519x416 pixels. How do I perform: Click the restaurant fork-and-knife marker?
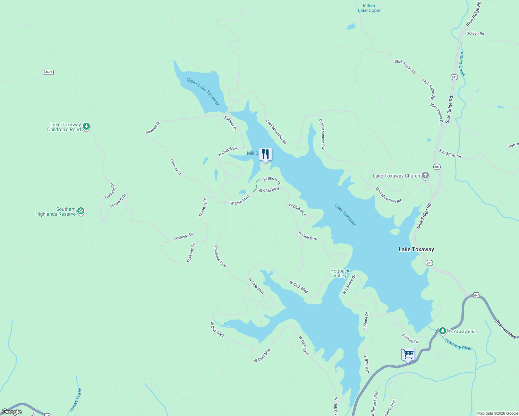pos(265,154)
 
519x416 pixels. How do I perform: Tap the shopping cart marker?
pos(408,354)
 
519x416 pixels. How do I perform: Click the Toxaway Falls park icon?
pos(442,331)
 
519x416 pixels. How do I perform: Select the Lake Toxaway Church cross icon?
pos(425,176)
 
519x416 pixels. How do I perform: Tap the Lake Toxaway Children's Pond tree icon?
pos(87,127)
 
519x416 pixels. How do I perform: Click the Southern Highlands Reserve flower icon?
pos(81,211)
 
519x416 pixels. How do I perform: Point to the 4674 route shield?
pos(49,72)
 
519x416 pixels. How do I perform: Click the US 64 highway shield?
pos(476,295)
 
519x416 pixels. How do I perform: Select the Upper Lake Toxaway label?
pos(203,91)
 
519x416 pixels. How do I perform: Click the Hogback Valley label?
pos(340,273)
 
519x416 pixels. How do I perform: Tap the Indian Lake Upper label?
pos(369,8)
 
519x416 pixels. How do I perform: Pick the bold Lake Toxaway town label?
pos(416,249)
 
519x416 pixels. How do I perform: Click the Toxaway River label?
pos(458,344)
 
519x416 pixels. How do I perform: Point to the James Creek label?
pos(75,400)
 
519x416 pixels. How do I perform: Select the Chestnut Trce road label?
pos(220,257)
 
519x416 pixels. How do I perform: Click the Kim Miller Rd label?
pos(450,154)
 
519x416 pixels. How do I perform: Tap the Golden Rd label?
pos(475,34)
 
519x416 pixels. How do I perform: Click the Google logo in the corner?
pos(12,411)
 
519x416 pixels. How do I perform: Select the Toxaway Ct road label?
pos(191,253)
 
